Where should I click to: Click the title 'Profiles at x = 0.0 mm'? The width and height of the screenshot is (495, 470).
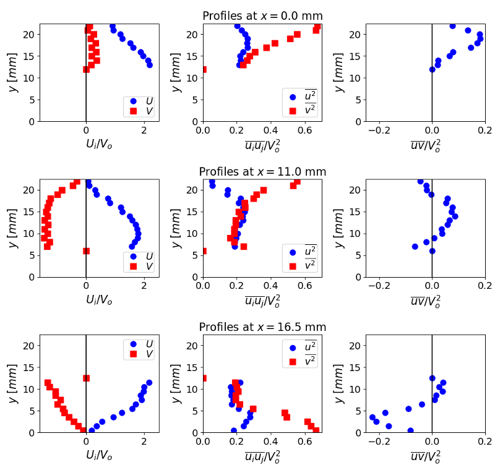pyautogui.click(x=262, y=16)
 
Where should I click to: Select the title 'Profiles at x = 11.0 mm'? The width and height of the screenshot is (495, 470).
pyautogui.click(x=262, y=171)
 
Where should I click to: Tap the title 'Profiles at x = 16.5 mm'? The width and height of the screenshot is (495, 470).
pyautogui.click(x=262, y=327)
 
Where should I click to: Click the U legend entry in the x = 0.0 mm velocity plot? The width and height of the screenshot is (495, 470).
pyautogui.click(x=140, y=101)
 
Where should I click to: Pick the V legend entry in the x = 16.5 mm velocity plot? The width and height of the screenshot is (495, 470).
pyautogui.click(x=140, y=355)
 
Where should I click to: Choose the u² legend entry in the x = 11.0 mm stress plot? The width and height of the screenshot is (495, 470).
pyautogui.click(x=299, y=251)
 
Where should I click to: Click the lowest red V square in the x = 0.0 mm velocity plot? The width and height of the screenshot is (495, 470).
pyautogui.click(x=86, y=69)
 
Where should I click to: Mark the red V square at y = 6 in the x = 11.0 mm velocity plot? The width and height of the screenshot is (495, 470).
pyautogui.click(x=86, y=251)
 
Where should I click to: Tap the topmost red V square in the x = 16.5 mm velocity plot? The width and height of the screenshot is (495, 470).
pyautogui.click(x=86, y=378)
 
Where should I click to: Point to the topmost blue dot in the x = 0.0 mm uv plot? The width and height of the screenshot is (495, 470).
pyautogui.click(x=452, y=26)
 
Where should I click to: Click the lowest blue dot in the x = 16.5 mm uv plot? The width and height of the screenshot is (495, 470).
pyautogui.click(x=410, y=430)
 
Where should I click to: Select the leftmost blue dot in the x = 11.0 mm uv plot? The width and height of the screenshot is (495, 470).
pyautogui.click(x=415, y=247)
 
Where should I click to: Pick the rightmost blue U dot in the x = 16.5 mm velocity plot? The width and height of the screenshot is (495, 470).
pyautogui.click(x=149, y=383)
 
